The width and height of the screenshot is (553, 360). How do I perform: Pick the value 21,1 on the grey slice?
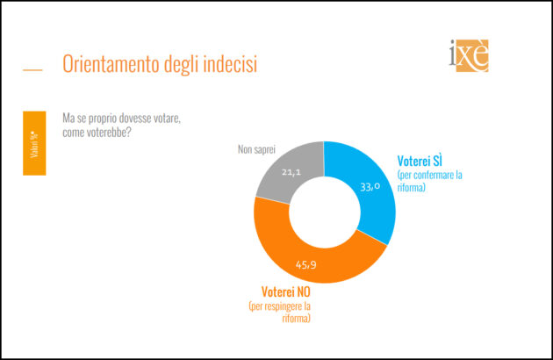[x=291, y=172]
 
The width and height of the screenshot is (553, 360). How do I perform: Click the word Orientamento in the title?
[x=111, y=65]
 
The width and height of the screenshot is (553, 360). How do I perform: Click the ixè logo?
[x=468, y=54]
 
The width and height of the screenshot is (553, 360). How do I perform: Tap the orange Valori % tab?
[x=33, y=143]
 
